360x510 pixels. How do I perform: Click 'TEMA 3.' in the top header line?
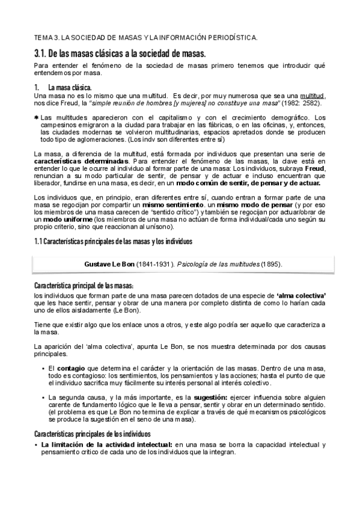(46, 38)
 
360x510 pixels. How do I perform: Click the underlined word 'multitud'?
(313, 96)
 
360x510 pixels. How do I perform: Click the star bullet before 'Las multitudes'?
(37, 117)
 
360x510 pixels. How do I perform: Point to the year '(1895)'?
(269, 264)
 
